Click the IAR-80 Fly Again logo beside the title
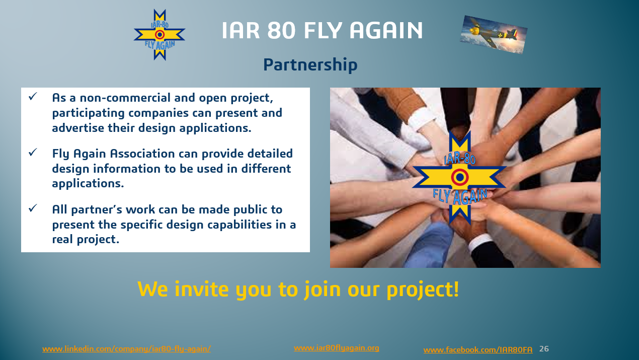[159, 35]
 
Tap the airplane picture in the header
[494, 35]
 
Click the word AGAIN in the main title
[386, 30]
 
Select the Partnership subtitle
[310, 65]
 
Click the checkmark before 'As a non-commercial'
[33, 96]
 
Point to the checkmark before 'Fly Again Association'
[33, 152]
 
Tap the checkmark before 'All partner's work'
[33, 208]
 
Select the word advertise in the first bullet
[78, 128]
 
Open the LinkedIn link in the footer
[127, 349]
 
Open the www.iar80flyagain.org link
[337, 348]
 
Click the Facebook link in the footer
[478, 350]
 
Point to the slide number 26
[544, 349]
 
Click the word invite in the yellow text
[202, 289]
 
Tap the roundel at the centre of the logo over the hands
[459, 177]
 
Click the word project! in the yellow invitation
[423, 290]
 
